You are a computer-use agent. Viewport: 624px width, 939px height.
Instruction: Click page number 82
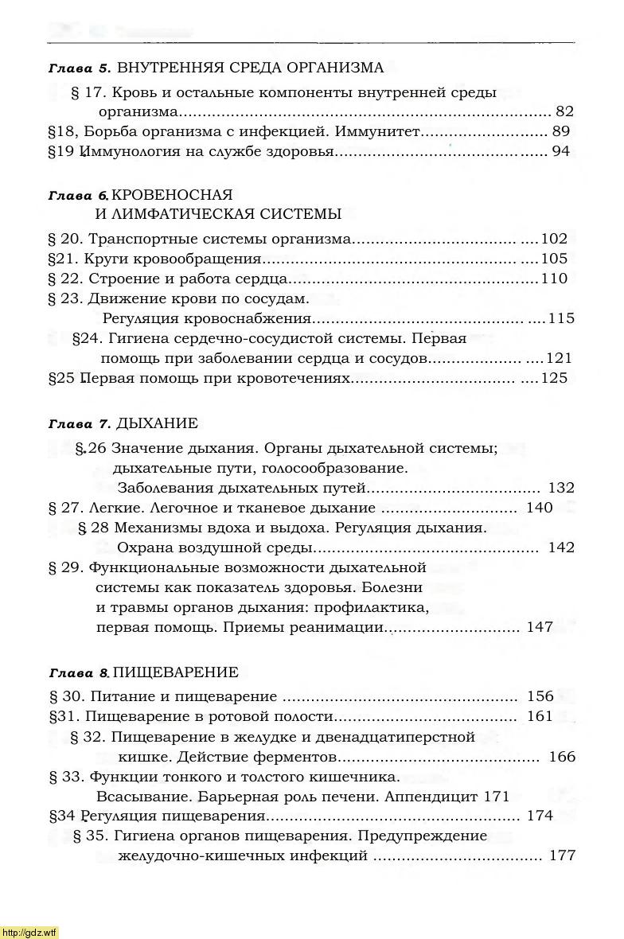tap(564, 111)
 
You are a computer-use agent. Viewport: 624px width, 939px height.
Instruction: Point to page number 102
tap(554, 238)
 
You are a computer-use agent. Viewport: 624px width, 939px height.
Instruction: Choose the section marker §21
tap(61, 259)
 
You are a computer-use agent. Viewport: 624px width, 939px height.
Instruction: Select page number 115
tap(561, 318)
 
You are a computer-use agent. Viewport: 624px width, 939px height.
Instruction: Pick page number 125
tap(554, 378)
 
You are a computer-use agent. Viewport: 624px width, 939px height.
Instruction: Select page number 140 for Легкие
tap(539, 508)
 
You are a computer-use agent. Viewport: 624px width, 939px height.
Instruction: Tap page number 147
tap(540, 627)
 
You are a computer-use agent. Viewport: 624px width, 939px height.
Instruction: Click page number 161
tap(540, 716)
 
